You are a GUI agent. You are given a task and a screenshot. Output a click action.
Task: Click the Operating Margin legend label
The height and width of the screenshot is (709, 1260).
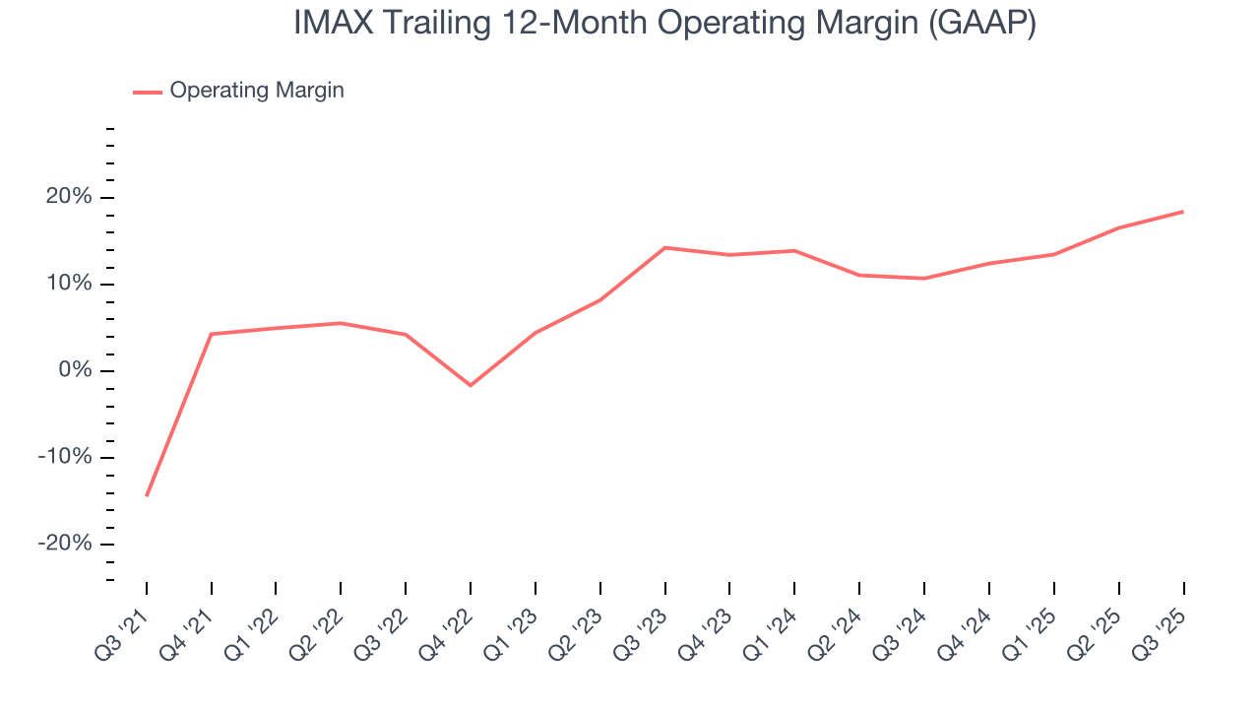257,91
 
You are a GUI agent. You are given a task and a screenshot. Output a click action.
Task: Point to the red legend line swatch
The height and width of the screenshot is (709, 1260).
148,92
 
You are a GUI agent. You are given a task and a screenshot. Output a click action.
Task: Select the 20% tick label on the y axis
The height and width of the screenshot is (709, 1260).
69,198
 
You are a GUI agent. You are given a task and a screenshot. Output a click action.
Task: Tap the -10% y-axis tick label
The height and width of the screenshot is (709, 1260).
65,458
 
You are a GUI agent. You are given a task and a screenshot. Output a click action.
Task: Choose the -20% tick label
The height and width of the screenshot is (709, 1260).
65,545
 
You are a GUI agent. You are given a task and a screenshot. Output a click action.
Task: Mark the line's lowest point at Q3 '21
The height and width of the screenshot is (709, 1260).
147,495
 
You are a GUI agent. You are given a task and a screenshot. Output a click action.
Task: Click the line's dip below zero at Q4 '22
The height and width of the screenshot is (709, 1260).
471,385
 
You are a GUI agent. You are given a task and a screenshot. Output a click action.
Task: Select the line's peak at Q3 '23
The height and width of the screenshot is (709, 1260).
665,247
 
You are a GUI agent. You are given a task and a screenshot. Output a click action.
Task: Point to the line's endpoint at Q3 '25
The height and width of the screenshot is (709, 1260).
1183,212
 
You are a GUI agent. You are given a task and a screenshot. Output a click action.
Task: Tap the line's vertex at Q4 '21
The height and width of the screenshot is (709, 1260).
212,334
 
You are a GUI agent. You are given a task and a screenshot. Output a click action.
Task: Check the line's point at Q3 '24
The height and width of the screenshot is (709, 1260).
924,279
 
